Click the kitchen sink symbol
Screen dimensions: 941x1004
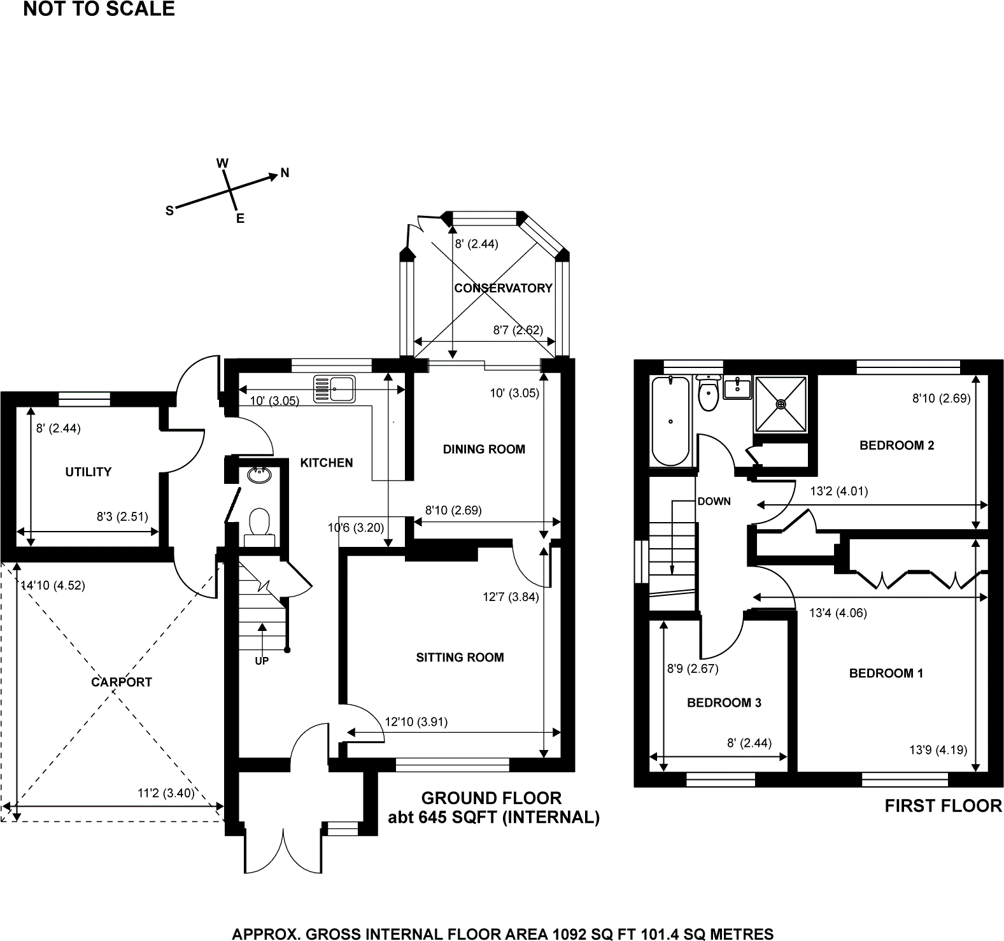334,388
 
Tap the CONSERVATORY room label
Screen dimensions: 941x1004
503,288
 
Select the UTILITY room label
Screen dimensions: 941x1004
88,472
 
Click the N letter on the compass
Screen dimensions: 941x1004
285,173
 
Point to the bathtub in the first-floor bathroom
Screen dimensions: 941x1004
670,420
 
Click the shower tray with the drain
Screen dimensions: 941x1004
781,403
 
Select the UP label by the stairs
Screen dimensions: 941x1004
262,661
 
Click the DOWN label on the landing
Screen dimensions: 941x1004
714,501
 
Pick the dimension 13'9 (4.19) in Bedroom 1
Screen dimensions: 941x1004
938,749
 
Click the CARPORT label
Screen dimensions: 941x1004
122,682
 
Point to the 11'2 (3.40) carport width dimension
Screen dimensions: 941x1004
166,793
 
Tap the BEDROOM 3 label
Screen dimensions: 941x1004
724,703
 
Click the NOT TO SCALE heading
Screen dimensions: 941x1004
99,9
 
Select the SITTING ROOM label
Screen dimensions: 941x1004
460,657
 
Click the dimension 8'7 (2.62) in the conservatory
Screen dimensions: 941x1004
518,330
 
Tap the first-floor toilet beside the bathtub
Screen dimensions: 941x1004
708,393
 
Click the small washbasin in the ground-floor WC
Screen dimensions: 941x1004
260,475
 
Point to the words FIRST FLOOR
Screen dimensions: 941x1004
943,806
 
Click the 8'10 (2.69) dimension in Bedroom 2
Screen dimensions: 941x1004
941,399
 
